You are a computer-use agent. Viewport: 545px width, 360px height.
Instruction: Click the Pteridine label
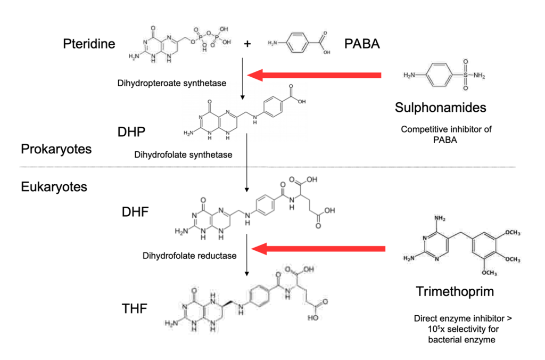point(88,44)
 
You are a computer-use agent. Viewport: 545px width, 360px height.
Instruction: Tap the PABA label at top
point(362,44)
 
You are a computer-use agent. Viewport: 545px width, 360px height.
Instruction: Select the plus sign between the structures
point(247,44)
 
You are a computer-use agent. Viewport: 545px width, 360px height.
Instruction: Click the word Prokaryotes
point(56,149)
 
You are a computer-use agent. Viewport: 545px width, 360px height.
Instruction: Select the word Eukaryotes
point(54,187)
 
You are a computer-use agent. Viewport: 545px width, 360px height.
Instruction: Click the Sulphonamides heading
point(441,108)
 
